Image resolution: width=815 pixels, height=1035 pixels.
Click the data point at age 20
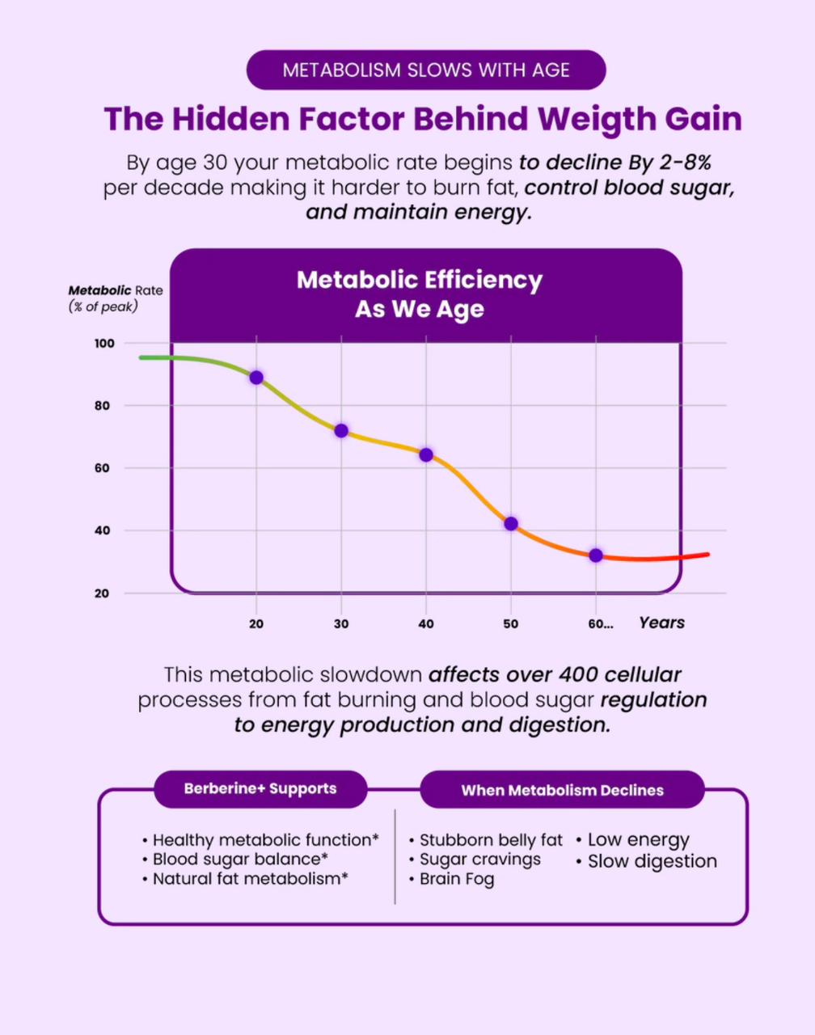256,378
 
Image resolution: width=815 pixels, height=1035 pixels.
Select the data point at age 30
341,431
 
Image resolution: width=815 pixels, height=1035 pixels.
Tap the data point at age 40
426,455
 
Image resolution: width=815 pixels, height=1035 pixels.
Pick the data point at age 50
511,524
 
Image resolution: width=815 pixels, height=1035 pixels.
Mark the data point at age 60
596,556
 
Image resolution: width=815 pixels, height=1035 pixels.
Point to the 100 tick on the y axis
104,344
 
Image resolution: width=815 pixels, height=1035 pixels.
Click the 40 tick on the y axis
102,531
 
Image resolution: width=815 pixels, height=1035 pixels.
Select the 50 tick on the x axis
511,624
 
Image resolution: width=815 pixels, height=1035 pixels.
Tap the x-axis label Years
661,623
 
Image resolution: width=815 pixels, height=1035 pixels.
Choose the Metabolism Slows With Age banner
426,70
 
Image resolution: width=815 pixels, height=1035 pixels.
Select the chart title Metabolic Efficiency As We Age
420,294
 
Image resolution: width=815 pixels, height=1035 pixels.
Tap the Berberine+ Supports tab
260,788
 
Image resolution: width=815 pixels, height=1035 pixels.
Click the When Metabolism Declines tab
562,791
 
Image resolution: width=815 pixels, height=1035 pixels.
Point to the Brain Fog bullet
457,879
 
